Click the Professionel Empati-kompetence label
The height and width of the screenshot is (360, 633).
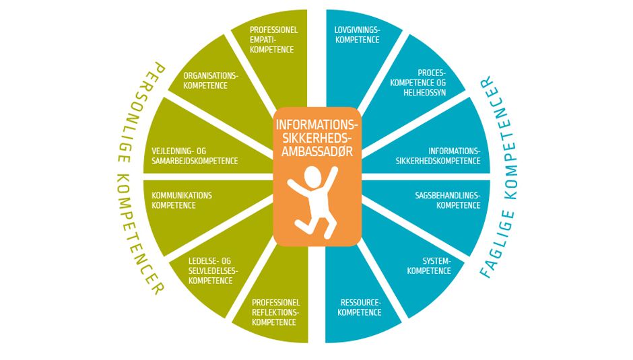click(x=273, y=40)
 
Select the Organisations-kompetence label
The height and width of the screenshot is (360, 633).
click(x=210, y=80)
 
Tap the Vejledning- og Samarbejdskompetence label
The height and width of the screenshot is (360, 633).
click(x=195, y=155)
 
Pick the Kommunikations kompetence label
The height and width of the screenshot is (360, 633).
click(x=181, y=200)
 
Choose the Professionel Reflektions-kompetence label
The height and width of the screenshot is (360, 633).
click(x=275, y=312)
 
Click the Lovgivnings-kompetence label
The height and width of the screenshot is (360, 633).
click(x=358, y=35)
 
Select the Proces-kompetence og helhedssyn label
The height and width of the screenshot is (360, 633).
click(x=418, y=81)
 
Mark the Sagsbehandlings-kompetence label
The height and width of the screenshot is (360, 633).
click(x=447, y=200)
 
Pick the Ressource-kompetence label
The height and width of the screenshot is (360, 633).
click(x=360, y=307)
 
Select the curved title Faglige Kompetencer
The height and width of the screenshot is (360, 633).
click(x=500, y=178)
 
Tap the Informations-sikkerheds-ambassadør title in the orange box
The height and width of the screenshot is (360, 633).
click(x=317, y=138)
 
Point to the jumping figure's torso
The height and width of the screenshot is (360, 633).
click(x=316, y=201)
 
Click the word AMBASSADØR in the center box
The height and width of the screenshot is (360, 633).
click(x=317, y=151)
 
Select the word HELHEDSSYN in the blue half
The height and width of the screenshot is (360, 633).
click(x=426, y=92)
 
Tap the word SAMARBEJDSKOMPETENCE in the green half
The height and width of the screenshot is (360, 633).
click(x=195, y=161)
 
